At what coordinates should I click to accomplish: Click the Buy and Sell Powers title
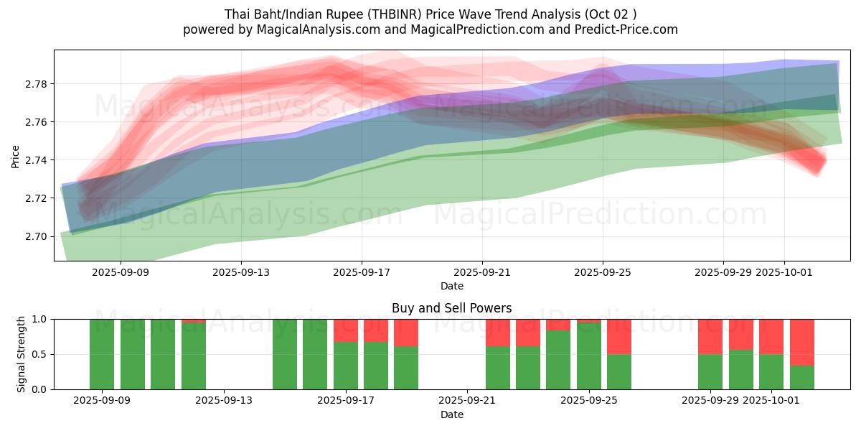coord(451,308)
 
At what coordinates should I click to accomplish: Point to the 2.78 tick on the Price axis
coord(37,84)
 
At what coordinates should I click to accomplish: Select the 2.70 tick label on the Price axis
coord(37,236)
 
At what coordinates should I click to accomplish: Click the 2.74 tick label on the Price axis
coord(37,160)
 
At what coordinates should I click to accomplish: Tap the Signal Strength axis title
coord(22,354)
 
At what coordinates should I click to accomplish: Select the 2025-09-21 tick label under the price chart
coord(481,272)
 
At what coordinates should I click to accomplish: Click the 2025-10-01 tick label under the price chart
coord(784,272)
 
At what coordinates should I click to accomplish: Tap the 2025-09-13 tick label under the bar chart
coord(224,401)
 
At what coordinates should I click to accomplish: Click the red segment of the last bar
coord(801,342)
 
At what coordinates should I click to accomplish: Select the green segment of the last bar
coord(801,378)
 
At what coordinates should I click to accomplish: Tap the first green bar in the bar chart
coord(102,354)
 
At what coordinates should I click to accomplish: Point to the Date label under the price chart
coord(451,286)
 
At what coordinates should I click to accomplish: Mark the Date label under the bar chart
coord(451,414)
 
